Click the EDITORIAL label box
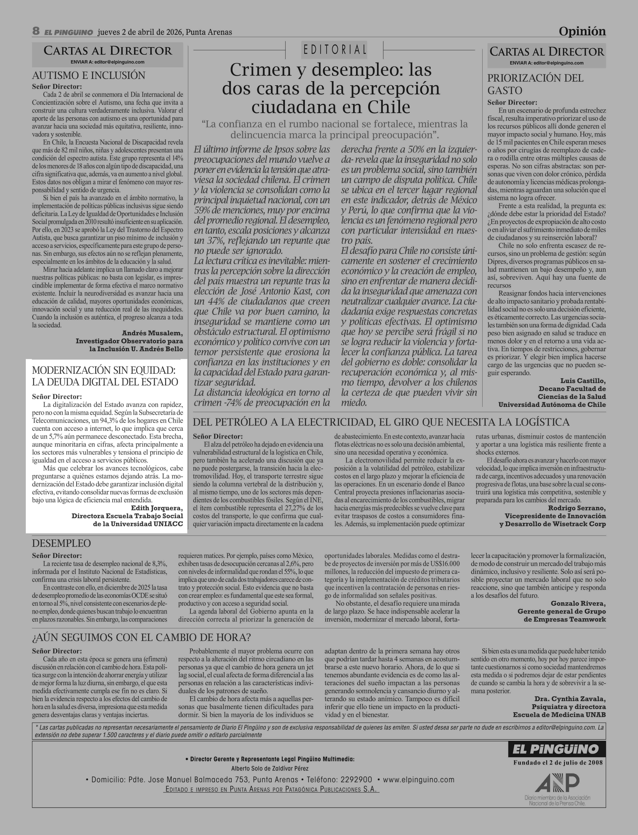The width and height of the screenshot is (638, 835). (334, 50)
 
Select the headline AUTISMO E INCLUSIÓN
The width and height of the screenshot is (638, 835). (88, 76)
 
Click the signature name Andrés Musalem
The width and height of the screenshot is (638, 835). (152, 333)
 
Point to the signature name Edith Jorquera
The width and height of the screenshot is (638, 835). (156, 508)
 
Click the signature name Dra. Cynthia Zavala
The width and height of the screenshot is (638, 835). (570, 699)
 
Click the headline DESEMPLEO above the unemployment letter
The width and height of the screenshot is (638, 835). (62, 543)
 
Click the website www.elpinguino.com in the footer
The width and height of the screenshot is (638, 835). (419, 779)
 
